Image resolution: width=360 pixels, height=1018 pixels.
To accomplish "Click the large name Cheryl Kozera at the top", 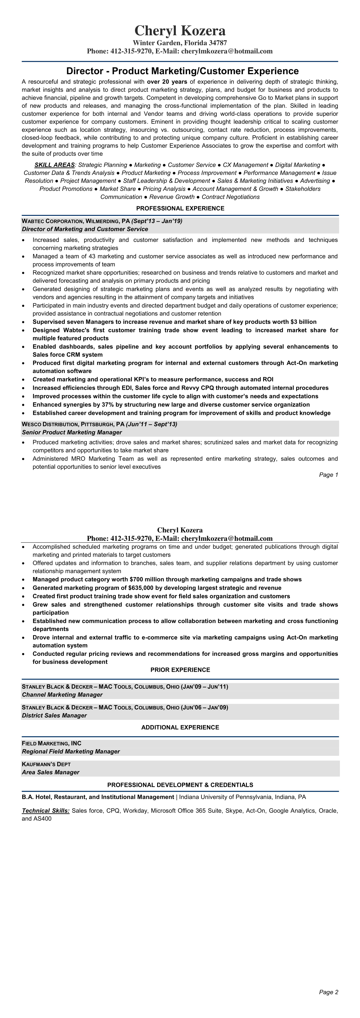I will click(x=180, y=31).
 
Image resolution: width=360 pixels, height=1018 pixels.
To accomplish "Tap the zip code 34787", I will click(x=217, y=43).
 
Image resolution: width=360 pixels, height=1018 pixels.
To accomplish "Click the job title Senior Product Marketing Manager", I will click(x=72, y=432).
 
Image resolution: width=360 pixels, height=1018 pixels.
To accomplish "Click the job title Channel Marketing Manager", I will click(x=62, y=695).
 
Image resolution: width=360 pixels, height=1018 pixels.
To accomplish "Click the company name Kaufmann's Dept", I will click(x=46, y=764).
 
